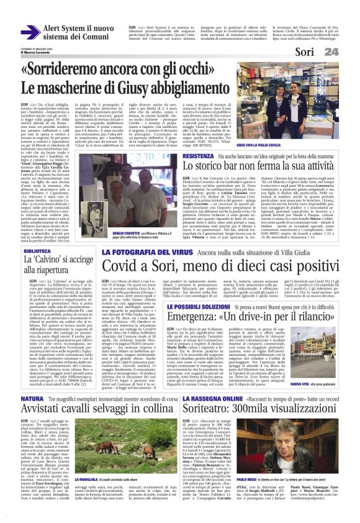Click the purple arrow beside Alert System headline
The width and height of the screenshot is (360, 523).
click(x=30, y=31)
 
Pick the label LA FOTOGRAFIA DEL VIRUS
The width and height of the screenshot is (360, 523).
click(x=137, y=253)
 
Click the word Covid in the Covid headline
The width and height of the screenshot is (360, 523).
click(x=121, y=266)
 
